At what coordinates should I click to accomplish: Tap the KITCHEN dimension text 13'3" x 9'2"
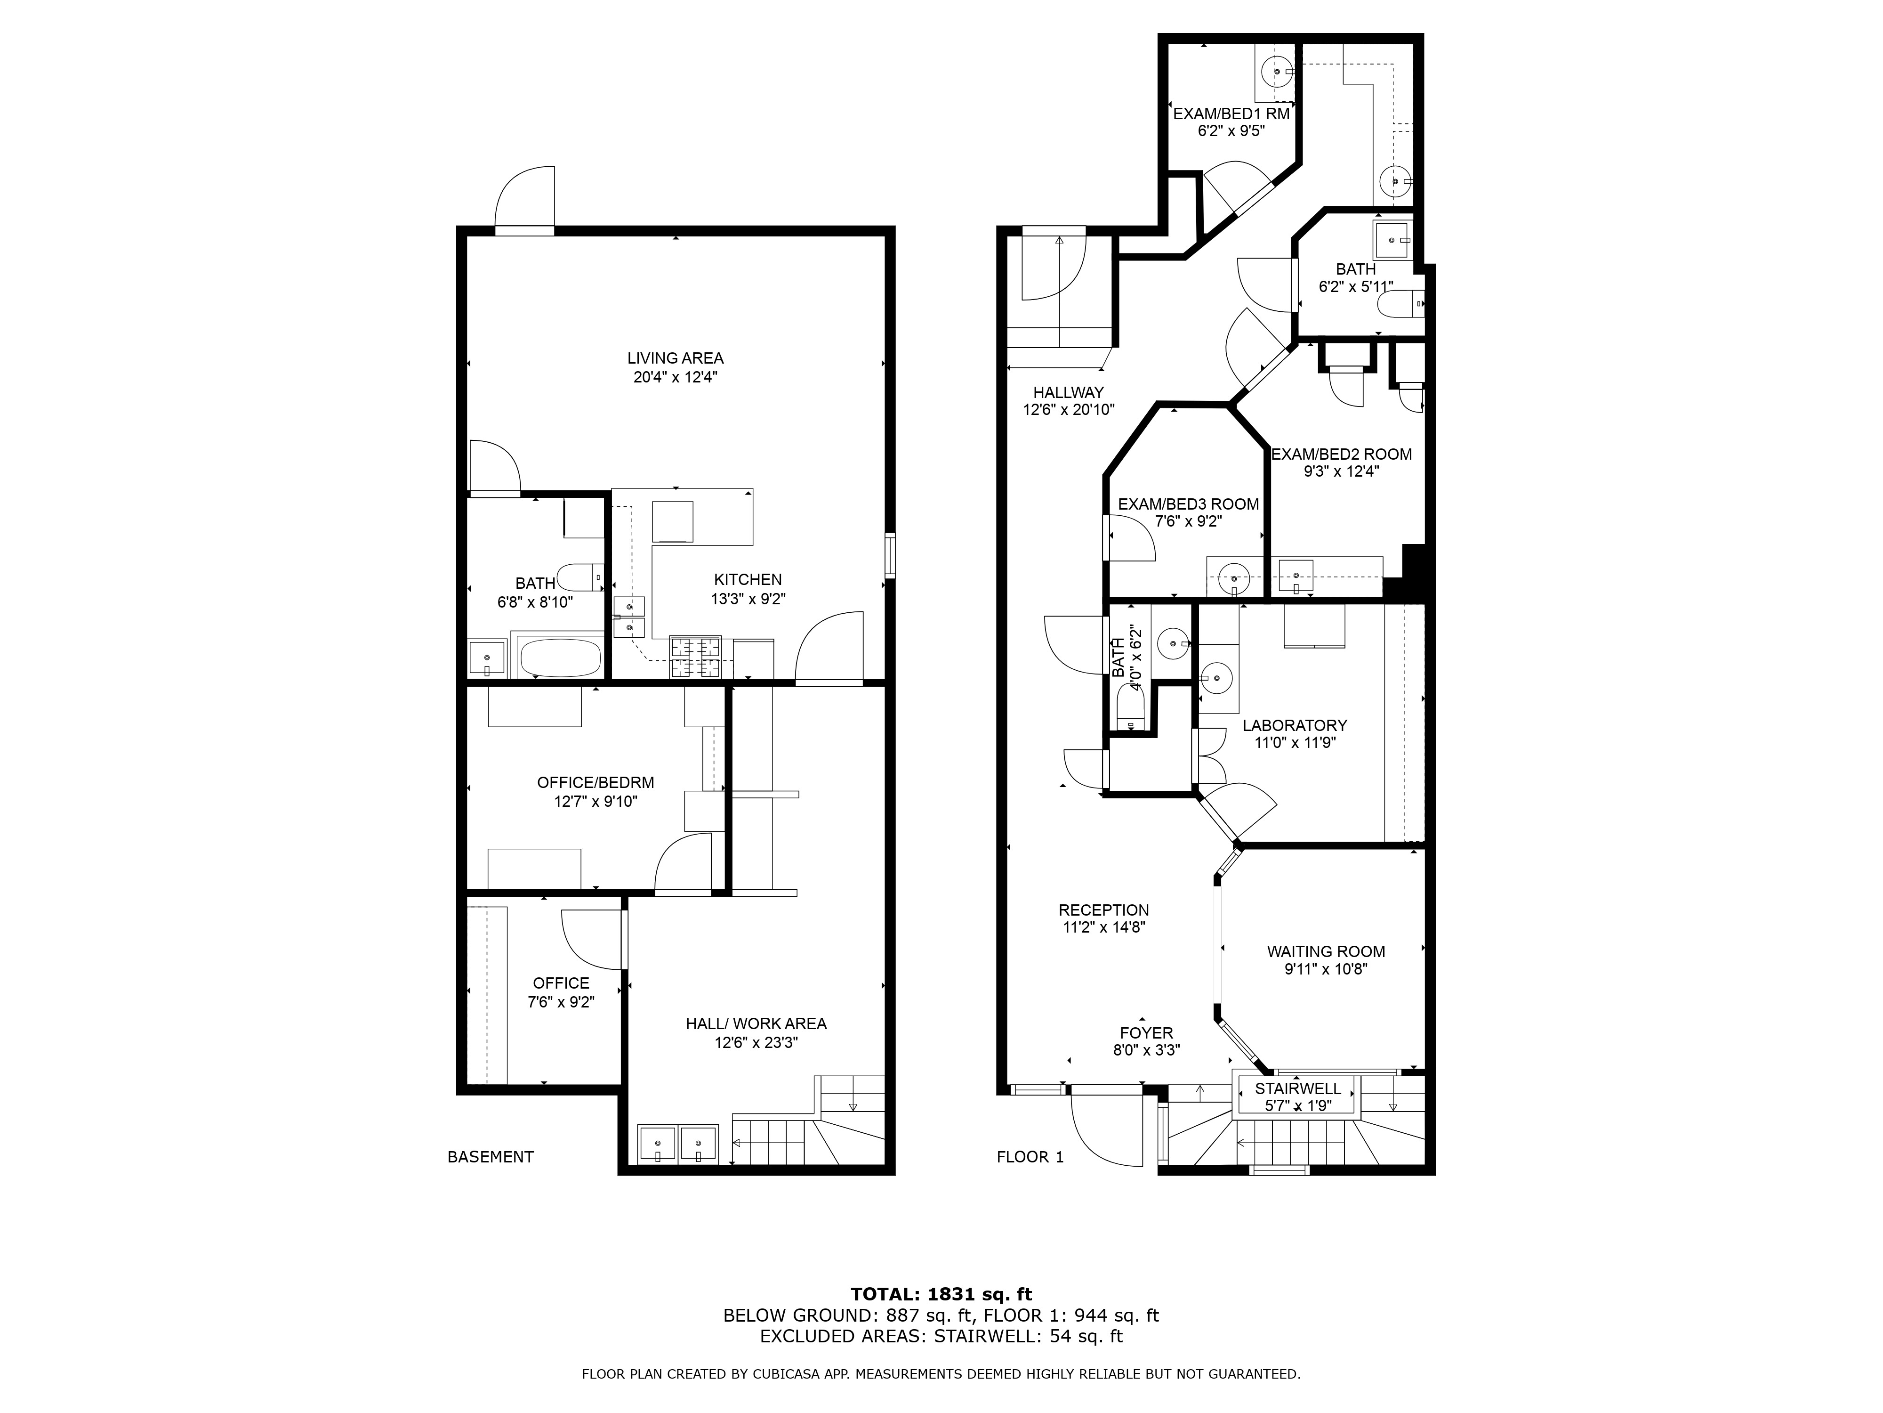748,599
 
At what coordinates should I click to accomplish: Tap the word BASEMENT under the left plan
491,1157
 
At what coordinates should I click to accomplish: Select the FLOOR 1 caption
1030,1157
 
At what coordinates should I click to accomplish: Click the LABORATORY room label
1294,725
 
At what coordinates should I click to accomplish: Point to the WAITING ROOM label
1326,951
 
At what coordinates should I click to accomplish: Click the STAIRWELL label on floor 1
1297,1088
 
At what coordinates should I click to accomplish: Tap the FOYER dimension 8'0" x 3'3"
1146,1051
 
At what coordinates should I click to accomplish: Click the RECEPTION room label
1103,910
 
